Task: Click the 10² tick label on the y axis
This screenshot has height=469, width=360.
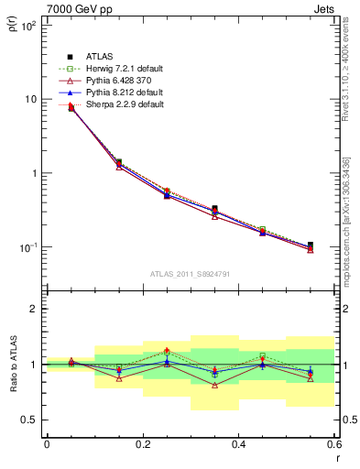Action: click(27, 25)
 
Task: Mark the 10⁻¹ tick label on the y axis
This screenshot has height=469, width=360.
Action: click(27, 247)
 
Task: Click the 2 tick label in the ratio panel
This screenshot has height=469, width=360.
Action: click(33, 309)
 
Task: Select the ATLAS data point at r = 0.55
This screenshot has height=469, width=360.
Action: click(310, 245)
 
